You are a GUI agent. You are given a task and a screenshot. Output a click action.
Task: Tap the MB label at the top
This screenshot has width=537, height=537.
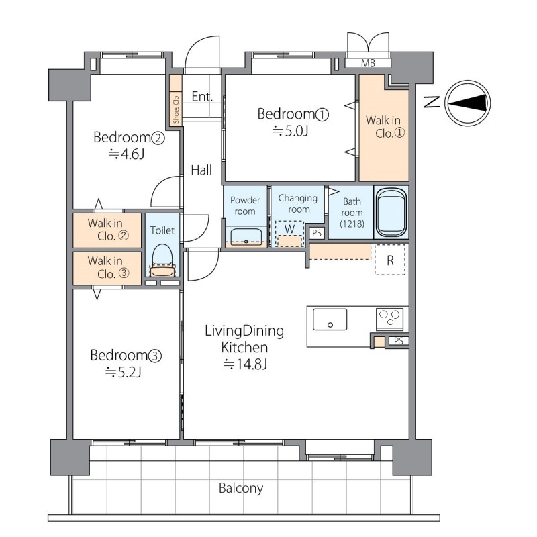click(x=368, y=63)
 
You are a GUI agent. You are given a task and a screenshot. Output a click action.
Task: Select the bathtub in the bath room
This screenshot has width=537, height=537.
click(x=391, y=212)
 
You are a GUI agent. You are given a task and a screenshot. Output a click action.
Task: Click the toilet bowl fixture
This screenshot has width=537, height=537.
click(x=162, y=260)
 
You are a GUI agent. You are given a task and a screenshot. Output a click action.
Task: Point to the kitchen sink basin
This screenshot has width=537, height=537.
click(x=330, y=320)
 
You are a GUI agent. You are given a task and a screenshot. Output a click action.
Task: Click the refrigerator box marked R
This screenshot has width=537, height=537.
click(x=390, y=260)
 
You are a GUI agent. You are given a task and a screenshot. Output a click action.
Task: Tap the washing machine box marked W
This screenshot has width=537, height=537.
click(x=290, y=233)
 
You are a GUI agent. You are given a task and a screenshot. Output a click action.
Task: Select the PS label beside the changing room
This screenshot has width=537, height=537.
click(x=317, y=233)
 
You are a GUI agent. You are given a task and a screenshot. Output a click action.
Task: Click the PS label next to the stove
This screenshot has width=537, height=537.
click(x=399, y=341)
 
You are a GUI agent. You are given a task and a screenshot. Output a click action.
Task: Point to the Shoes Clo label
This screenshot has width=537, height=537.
click(x=176, y=109)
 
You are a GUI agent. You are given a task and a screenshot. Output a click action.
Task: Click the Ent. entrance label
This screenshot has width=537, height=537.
click(x=202, y=97)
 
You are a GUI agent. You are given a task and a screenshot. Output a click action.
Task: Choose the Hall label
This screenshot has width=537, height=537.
click(x=201, y=170)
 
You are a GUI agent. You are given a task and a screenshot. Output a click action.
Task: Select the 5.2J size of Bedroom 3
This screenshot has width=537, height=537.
click(x=124, y=372)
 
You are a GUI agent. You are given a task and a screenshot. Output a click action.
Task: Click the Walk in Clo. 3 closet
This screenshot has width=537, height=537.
click(x=107, y=268)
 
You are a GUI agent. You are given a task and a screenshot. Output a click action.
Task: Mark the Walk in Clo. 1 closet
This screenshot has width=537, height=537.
click(x=384, y=128)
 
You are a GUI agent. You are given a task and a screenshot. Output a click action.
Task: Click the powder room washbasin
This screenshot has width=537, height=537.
click(x=246, y=236)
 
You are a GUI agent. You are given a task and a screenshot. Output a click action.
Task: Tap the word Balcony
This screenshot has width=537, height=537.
click(x=241, y=488)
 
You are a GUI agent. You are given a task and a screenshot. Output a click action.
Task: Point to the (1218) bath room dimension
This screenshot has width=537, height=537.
click(x=352, y=224)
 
